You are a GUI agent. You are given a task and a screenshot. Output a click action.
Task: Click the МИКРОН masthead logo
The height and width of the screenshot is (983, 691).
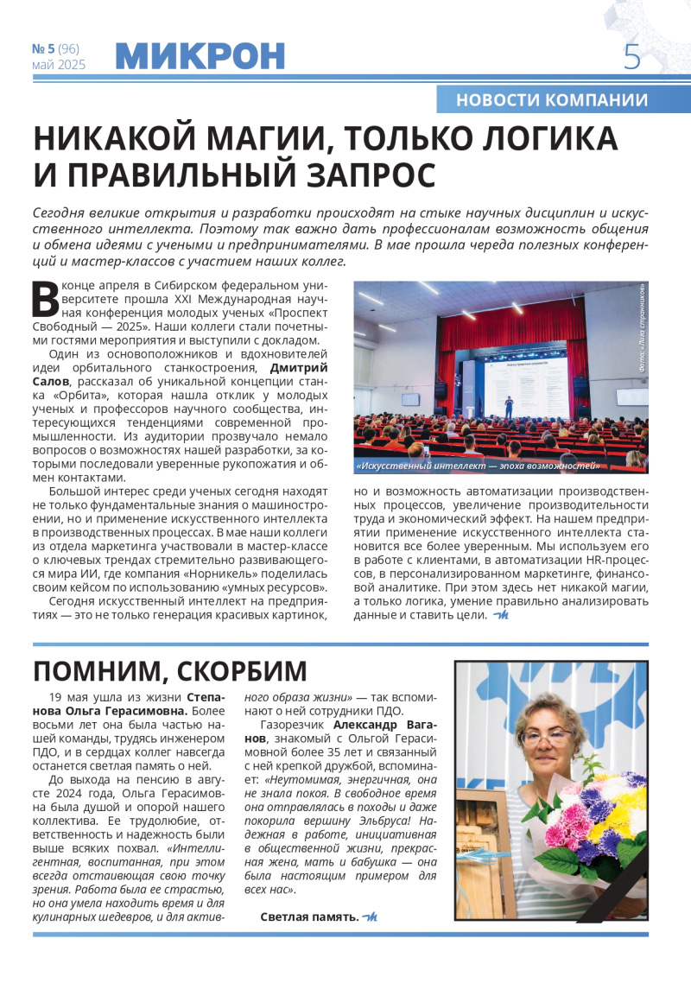pos(200,56)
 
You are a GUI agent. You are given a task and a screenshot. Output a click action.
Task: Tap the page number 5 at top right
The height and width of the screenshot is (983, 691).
pos(632,57)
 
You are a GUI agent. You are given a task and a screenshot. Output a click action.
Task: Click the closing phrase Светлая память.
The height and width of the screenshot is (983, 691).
pos(309,916)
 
